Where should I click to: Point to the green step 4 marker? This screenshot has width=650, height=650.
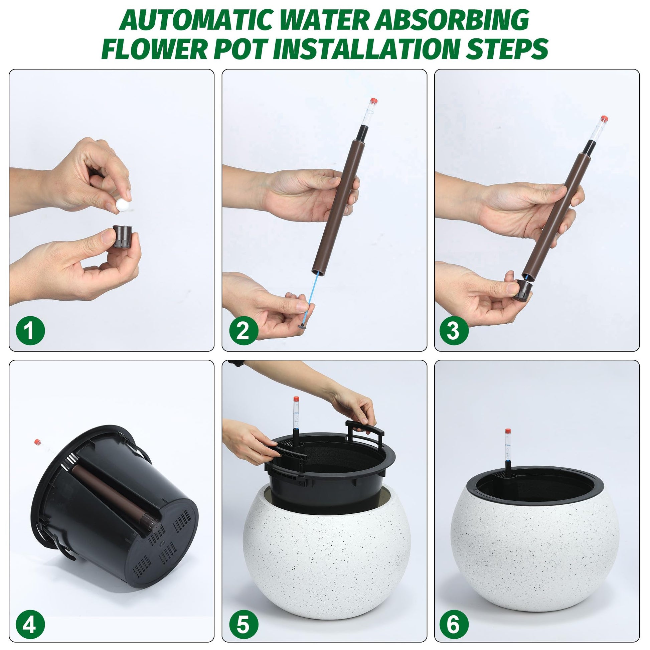coord(30,616)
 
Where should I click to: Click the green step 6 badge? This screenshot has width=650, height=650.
coord(454,616)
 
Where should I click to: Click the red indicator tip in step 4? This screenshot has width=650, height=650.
coord(38,442)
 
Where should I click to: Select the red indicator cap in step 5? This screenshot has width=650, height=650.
coord(296,399)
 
